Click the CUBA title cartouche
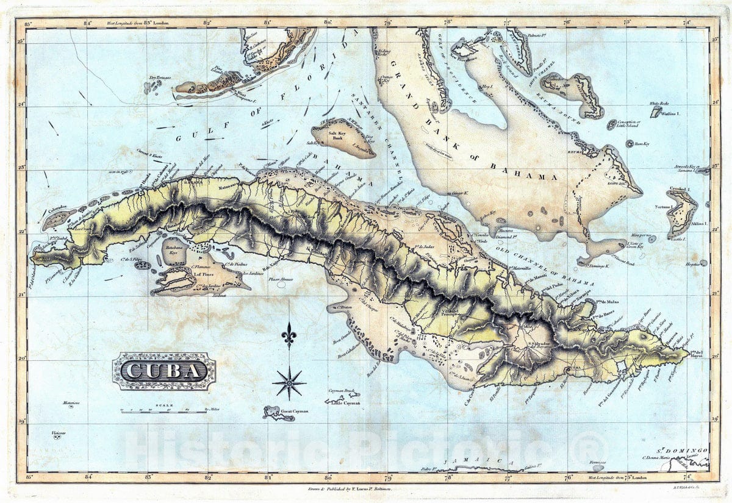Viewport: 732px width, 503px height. click(x=163, y=371)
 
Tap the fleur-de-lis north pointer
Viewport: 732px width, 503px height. click(x=289, y=335)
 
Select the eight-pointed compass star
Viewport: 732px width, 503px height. click(x=289, y=383)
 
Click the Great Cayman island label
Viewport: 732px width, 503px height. click(x=295, y=412)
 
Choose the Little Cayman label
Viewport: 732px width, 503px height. click(x=345, y=403)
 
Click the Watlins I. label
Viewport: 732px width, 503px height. click(x=671, y=113)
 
